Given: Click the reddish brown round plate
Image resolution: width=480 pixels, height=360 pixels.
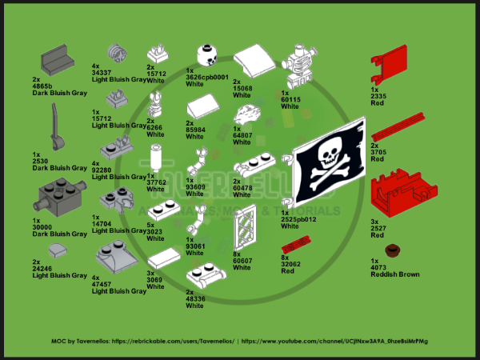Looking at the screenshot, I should [392, 251].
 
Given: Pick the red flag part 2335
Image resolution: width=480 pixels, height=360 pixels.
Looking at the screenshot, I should [394, 65].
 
